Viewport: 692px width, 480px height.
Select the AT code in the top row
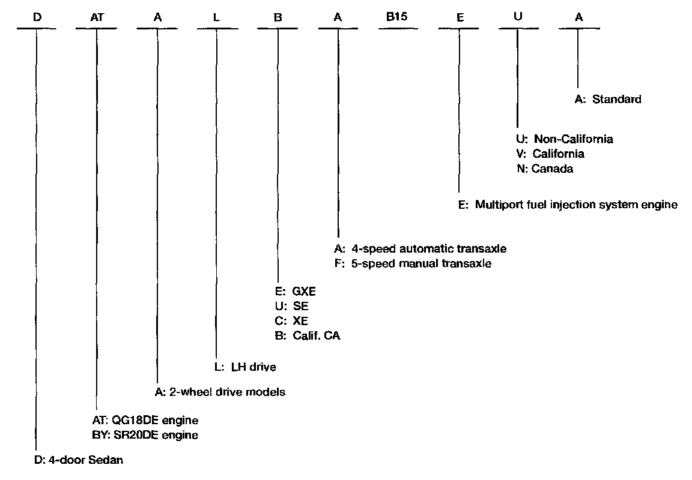(x=97, y=18)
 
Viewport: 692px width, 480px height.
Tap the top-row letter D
(x=37, y=18)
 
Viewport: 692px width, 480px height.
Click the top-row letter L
(x=217, y=18)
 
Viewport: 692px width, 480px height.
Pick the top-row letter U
(x=518, y=17)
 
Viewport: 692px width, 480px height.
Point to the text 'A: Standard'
(x=608, y=100)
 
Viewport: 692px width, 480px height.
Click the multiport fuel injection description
(x=568, y=205)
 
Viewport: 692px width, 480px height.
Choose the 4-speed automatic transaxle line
(x=420, y=248)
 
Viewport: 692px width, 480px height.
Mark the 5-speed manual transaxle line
(x=413, y=263)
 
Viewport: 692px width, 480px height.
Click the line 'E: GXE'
(x=295, y=292)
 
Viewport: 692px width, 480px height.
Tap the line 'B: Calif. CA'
(x=307, y=335)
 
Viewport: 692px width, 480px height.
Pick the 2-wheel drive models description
(x=219, y=392)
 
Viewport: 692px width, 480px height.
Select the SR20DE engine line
(x=143, y=434)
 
